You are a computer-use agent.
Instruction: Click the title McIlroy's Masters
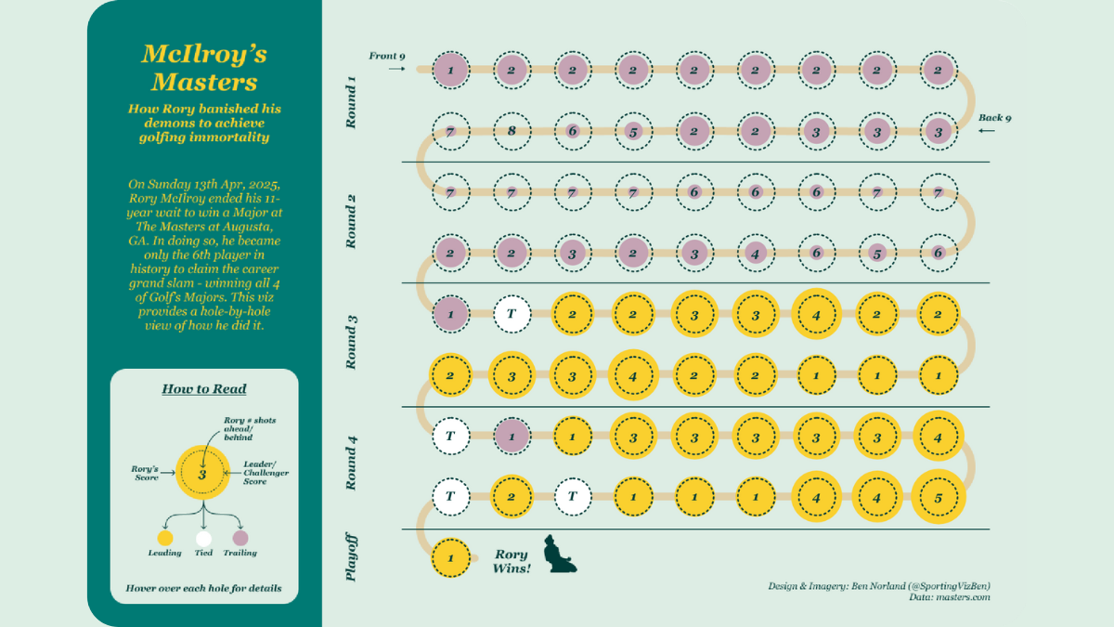tap(204, 66)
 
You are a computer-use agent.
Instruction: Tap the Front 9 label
tap(387, 56)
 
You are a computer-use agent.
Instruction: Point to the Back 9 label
tap(995, 118)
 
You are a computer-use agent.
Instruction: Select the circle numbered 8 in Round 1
tap(512, 132)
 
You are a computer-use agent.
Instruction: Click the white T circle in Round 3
tap(512, 314)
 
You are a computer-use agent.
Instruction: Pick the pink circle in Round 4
tap(512, 435)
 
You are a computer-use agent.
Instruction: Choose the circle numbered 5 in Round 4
tap(939, 496)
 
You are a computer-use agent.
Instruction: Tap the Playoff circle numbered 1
tap(451, 557)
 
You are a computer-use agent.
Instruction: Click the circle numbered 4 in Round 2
tap(755, 253)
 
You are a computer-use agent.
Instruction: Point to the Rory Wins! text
tap(512, 561)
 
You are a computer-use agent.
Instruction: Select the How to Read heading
tap(204, 388)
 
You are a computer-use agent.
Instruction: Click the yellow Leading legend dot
tap(165, 538)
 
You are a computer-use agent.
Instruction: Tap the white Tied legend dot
tap(204, 538)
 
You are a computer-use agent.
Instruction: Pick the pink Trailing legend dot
tap(240, 538)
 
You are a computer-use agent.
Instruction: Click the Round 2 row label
tap(351, 221)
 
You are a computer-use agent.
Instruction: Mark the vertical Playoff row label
tap(351, 557)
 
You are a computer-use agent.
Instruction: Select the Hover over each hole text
tap(204, 588)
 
